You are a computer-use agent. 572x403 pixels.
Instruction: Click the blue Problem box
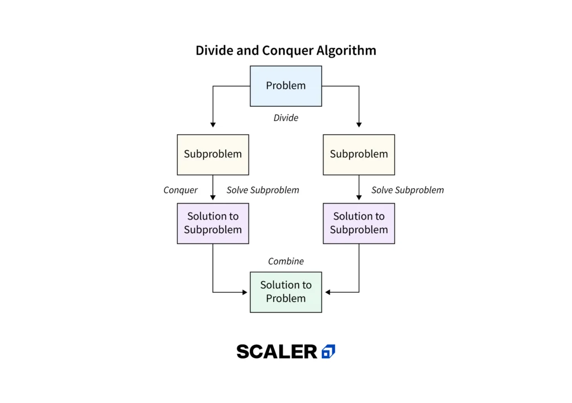[285, 86]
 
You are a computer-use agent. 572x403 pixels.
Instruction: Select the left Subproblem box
[213, 155]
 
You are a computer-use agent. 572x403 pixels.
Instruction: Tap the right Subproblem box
[359, 155]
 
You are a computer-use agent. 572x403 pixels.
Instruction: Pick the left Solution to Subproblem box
[213, 224]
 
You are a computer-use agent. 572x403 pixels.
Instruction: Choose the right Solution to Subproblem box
[359, 224]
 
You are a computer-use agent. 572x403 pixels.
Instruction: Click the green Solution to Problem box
[285, 292]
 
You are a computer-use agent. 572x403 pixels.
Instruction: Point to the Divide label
[285, 117]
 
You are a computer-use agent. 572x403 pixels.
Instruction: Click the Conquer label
[180, 190]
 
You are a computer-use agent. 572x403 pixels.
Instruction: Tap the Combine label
[285, 262]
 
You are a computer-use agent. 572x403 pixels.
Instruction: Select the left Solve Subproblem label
[263, 190]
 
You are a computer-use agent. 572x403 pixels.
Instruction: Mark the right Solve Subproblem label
[407, 190]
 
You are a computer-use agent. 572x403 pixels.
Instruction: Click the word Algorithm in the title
[346, 50]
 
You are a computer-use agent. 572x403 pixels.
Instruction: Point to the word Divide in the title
[214, 50]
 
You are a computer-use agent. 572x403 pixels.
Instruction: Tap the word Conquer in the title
[288, 50]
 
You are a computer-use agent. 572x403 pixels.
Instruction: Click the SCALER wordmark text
[277, 352]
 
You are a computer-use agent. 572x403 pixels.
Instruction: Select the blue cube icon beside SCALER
[328, 352]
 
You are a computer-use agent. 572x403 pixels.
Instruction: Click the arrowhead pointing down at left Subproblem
[213, 125]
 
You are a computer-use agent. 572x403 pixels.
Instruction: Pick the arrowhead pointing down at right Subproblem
[359, 125]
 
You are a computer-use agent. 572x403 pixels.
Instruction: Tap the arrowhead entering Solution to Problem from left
[245, 292]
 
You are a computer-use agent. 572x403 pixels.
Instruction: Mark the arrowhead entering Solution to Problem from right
[327, 292]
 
